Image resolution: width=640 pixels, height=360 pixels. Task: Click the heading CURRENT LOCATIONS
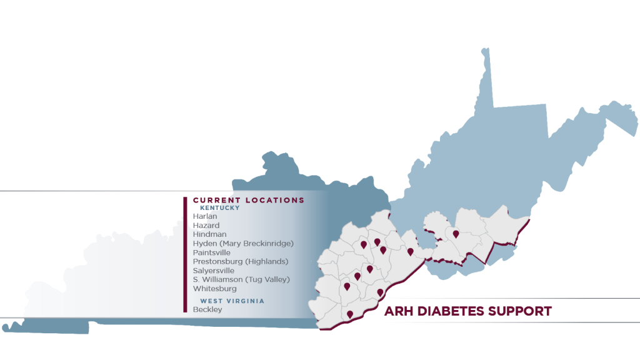[248, 200]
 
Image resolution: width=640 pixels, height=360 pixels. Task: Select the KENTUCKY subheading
[219, 208]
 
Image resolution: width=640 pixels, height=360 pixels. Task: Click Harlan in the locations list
[205, 216]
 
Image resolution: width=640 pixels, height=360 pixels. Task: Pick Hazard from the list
[206, 226]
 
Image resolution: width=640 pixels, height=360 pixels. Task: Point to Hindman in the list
[209, 234]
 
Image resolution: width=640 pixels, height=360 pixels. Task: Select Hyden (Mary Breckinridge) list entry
[243, 244]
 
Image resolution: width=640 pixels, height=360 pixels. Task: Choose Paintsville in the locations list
[212, 252]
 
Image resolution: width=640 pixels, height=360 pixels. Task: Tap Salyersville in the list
[214, 271]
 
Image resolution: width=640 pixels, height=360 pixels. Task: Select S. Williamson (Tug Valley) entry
[241, 279]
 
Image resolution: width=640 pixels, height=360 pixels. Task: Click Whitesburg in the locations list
[214, 289]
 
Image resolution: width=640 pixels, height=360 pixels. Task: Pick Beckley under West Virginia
[207, 309]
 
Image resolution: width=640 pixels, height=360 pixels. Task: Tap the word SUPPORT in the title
[522, 311]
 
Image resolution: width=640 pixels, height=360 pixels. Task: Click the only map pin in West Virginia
[456, 234]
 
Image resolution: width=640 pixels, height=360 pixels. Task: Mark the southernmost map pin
[350, 314]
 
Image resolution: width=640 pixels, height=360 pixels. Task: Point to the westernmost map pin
[347, 287]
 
